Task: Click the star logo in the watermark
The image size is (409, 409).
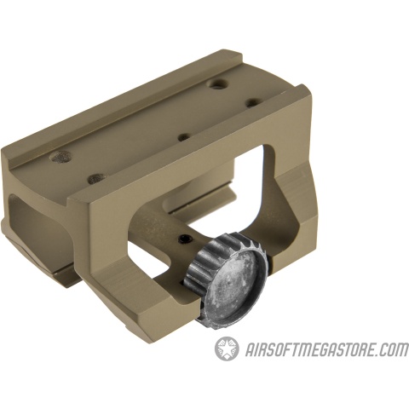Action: (227, 349)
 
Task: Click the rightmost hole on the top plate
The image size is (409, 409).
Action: (253, 104)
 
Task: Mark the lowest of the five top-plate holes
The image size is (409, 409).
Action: (95, 179)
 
